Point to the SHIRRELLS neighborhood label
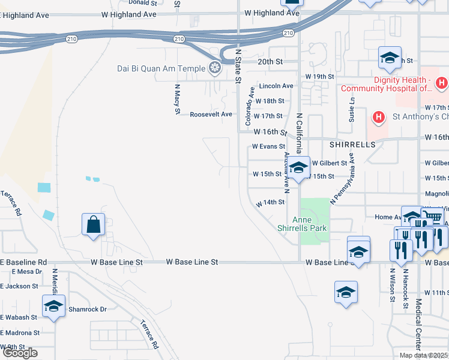pyautogui.click(x=352, y=145)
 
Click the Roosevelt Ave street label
pyautogui.click(x=211, y=114)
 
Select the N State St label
pyautogui.click(x=238, y=66)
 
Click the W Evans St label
pyautogui.click(x=268, y=146)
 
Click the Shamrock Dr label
pyautogui.click(x=87, y=309)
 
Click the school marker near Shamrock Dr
pyautogui.click(x=53, y=307)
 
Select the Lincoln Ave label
pyautogui.click(x=276, y=86)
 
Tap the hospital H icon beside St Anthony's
pyautogui.click(x=378, y=116)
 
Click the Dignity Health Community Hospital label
pyautogui.click(x=387, y=84)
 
